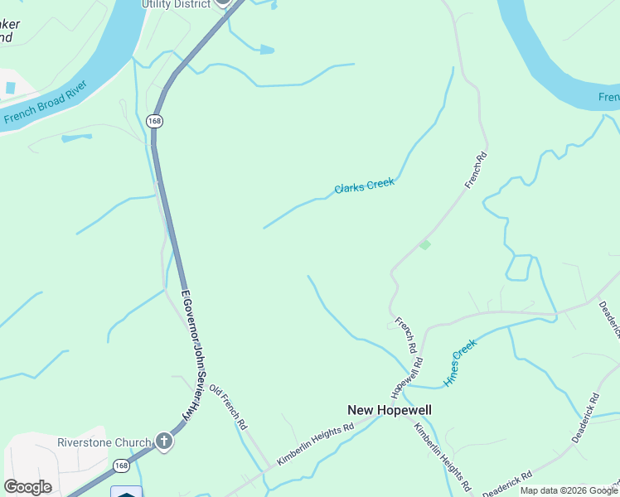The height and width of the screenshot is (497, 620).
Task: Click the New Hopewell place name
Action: [x=389, y=410]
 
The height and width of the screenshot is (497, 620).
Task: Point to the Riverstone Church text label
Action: [x=104, y=442]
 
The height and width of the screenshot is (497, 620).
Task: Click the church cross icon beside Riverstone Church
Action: [x=164, y=441]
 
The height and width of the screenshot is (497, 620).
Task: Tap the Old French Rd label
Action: [x=228, y=407]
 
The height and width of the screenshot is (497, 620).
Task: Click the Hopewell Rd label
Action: [x=408, y=374]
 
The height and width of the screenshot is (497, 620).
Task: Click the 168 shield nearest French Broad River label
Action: [x=154, y=121]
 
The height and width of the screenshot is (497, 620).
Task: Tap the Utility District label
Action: [x=177, y=4]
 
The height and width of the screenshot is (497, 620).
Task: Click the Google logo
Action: [x=27, y=487]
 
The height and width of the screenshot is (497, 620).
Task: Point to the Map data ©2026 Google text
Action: [x=569, y=490]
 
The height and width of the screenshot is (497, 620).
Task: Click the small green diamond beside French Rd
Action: [x=424, y=244]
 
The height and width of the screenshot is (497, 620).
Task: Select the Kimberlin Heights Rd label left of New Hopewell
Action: [x=315, y=444]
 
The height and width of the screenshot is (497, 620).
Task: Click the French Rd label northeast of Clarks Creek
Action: [x=473, y=170]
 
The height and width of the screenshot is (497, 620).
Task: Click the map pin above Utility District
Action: [x=223, y=2]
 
